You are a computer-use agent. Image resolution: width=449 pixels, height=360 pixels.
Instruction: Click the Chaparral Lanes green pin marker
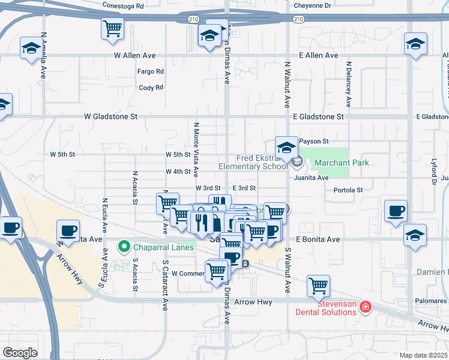(x=124, y=247)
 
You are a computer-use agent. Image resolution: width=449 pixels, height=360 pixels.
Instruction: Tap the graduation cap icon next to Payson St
(x=287, y=148)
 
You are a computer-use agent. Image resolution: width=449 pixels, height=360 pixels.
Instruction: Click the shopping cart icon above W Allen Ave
(x=112, y=29)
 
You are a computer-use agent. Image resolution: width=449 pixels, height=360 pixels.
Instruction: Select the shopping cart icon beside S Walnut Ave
(x=318, y=286)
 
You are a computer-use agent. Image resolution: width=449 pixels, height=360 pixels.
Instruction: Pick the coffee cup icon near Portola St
(x=396, y=211)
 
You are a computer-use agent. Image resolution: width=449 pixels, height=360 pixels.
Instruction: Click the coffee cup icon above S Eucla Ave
(x=68, y=230)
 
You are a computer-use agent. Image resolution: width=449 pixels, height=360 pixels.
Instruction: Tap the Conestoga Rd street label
(x=124, y=6)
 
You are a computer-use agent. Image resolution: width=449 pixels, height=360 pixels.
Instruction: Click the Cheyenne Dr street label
(x=313, y=6)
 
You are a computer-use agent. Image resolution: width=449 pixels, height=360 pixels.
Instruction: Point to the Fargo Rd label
(x=151, y=71)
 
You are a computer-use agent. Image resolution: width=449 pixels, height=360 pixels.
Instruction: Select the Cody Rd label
(x=151, y=88)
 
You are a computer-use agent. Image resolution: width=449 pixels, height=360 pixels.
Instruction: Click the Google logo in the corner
(x=20, y=353)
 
